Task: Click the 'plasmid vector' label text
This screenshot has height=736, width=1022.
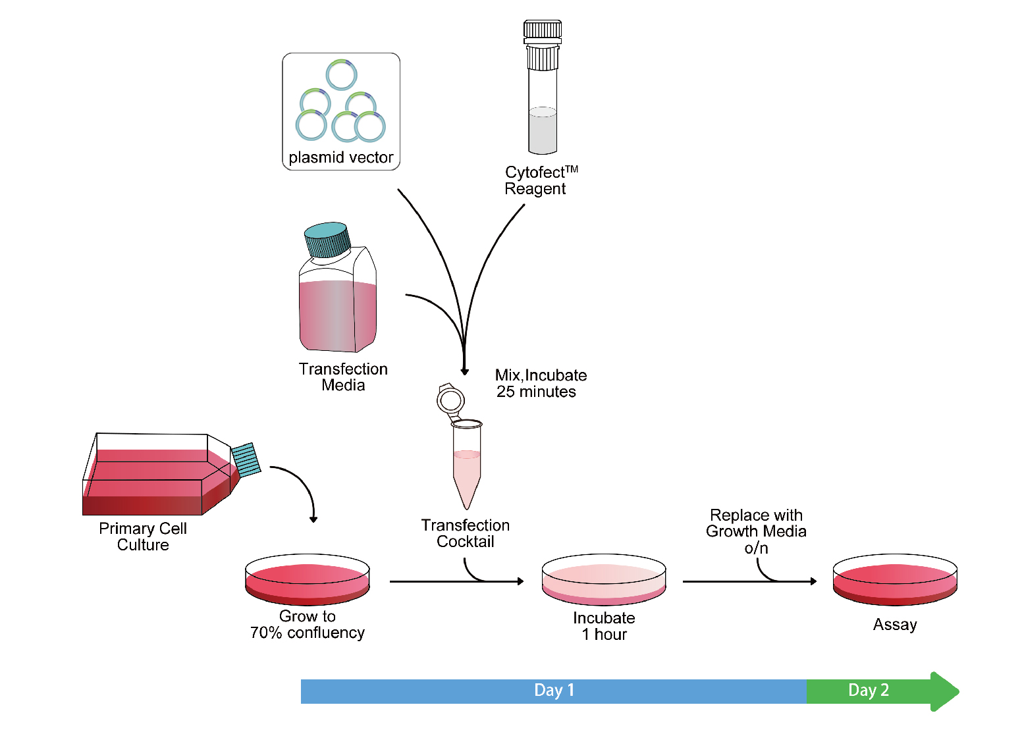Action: (x=340, y=157)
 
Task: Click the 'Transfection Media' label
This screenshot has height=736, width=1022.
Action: (x=343, y=377)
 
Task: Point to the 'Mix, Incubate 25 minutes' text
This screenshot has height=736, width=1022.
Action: (x=540, y=383)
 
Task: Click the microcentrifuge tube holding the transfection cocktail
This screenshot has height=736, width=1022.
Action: (x=466, y=464)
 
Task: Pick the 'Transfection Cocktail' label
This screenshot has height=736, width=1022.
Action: (x=466, y=533)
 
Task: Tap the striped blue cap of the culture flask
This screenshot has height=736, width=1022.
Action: (x=246, y=460)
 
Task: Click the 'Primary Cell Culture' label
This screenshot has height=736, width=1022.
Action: (x=143, y=537)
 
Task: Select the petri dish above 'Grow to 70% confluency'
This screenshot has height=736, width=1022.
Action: (x=308, y=579)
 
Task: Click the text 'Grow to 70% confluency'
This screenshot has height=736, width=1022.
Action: (x=308, y=624)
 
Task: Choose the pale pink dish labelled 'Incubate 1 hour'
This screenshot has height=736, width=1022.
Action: (x=604, y=579)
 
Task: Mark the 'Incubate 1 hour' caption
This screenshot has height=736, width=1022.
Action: (x=604, y=626)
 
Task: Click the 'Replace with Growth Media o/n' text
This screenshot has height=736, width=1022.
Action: (x=756, y=531)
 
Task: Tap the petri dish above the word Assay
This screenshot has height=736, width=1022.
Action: (x=895, y=579)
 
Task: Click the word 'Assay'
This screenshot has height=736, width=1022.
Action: (x=895, y=624)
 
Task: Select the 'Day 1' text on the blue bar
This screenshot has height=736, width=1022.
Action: (x=554, y=690)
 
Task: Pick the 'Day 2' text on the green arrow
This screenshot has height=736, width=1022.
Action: (x=869, y=690)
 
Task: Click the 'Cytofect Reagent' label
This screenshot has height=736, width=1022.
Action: (x=537, y=180)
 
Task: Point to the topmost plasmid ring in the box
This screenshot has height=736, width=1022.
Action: (x=342, y=74)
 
